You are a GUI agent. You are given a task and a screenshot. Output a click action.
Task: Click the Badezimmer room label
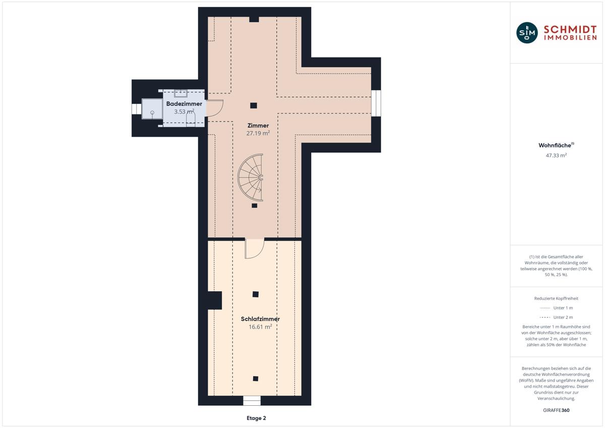coord(184,104)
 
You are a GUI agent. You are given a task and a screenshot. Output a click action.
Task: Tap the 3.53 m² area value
coord(184,112)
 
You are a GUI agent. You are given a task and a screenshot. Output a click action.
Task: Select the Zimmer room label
coord(258,126)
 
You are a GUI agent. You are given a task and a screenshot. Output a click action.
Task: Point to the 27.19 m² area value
coord(258,133)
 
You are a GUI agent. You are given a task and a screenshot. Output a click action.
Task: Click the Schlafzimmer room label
coord(260,319)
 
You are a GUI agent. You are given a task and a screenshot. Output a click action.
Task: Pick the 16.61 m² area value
coord(260,327)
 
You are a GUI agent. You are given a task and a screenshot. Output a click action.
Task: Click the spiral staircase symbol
coord(251,178)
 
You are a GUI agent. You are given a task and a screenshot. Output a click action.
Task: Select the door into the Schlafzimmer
coord(255,249)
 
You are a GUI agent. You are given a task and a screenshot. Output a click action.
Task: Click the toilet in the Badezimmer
coord(191,119)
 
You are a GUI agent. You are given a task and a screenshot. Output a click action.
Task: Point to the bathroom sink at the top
coord(180,93)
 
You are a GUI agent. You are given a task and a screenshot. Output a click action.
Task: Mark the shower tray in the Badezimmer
coord(152,109)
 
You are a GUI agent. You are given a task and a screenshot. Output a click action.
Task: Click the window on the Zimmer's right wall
coord(376,103)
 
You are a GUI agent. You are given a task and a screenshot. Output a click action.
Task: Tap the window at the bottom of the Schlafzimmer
coord(252,400)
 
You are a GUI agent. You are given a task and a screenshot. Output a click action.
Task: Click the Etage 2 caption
coord(256,418)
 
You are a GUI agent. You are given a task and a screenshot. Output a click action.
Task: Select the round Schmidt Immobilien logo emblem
coord(527,33)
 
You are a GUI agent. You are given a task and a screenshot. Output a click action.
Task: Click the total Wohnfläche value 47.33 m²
coord(556,155)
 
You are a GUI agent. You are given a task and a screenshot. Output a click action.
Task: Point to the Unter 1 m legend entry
coord(556,308)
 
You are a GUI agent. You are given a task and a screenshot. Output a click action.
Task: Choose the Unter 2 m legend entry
coord(556,317)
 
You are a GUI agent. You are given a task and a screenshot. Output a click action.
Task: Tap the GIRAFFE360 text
coord(556,410)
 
